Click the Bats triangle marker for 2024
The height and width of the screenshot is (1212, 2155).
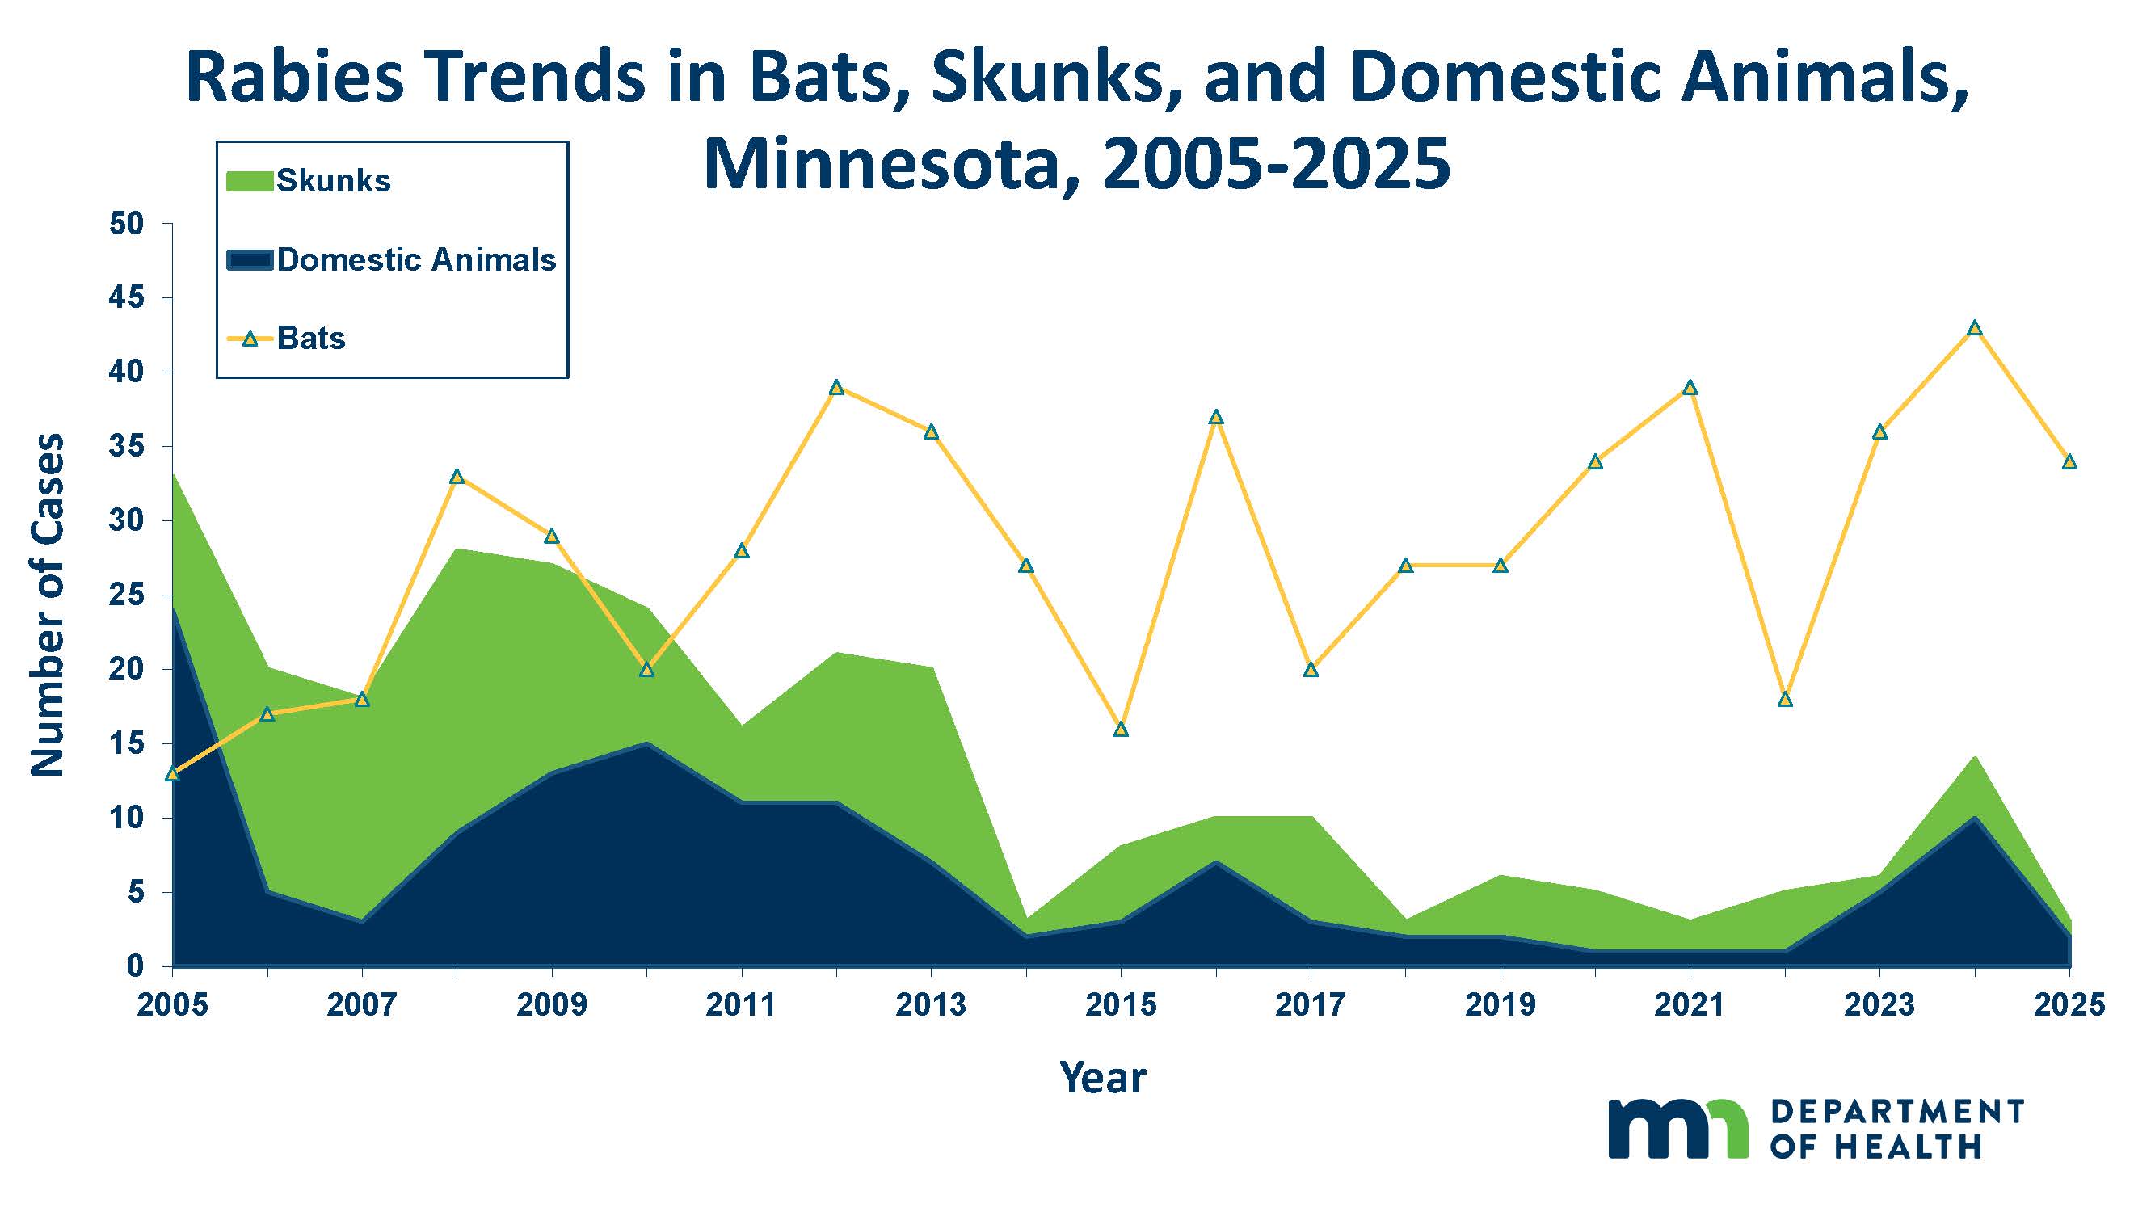[x=1974, y=328]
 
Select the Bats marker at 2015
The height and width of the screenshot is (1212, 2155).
[x=1121, y=730]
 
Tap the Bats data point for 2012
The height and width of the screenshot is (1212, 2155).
[x=835, y=387]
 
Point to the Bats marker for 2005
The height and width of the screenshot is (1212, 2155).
[x=173, y=774]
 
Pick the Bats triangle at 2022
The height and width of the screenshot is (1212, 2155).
[x=1784, y=699]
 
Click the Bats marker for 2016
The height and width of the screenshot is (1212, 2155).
[x=1216, y=418]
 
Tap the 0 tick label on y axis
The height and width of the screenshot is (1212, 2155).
[x=135, y=966]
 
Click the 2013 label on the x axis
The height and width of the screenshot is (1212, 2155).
[x=930, y=1004]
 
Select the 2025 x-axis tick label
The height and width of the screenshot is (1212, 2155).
[x=2069, y=1004]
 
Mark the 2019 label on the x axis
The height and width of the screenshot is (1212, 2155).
[x=1500, y=1004]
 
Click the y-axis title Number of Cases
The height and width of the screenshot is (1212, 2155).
[x=48, y=604]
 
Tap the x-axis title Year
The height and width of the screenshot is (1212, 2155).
[x=1102, y=1077]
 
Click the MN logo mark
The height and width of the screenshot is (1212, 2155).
[x=1677, y=1130]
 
